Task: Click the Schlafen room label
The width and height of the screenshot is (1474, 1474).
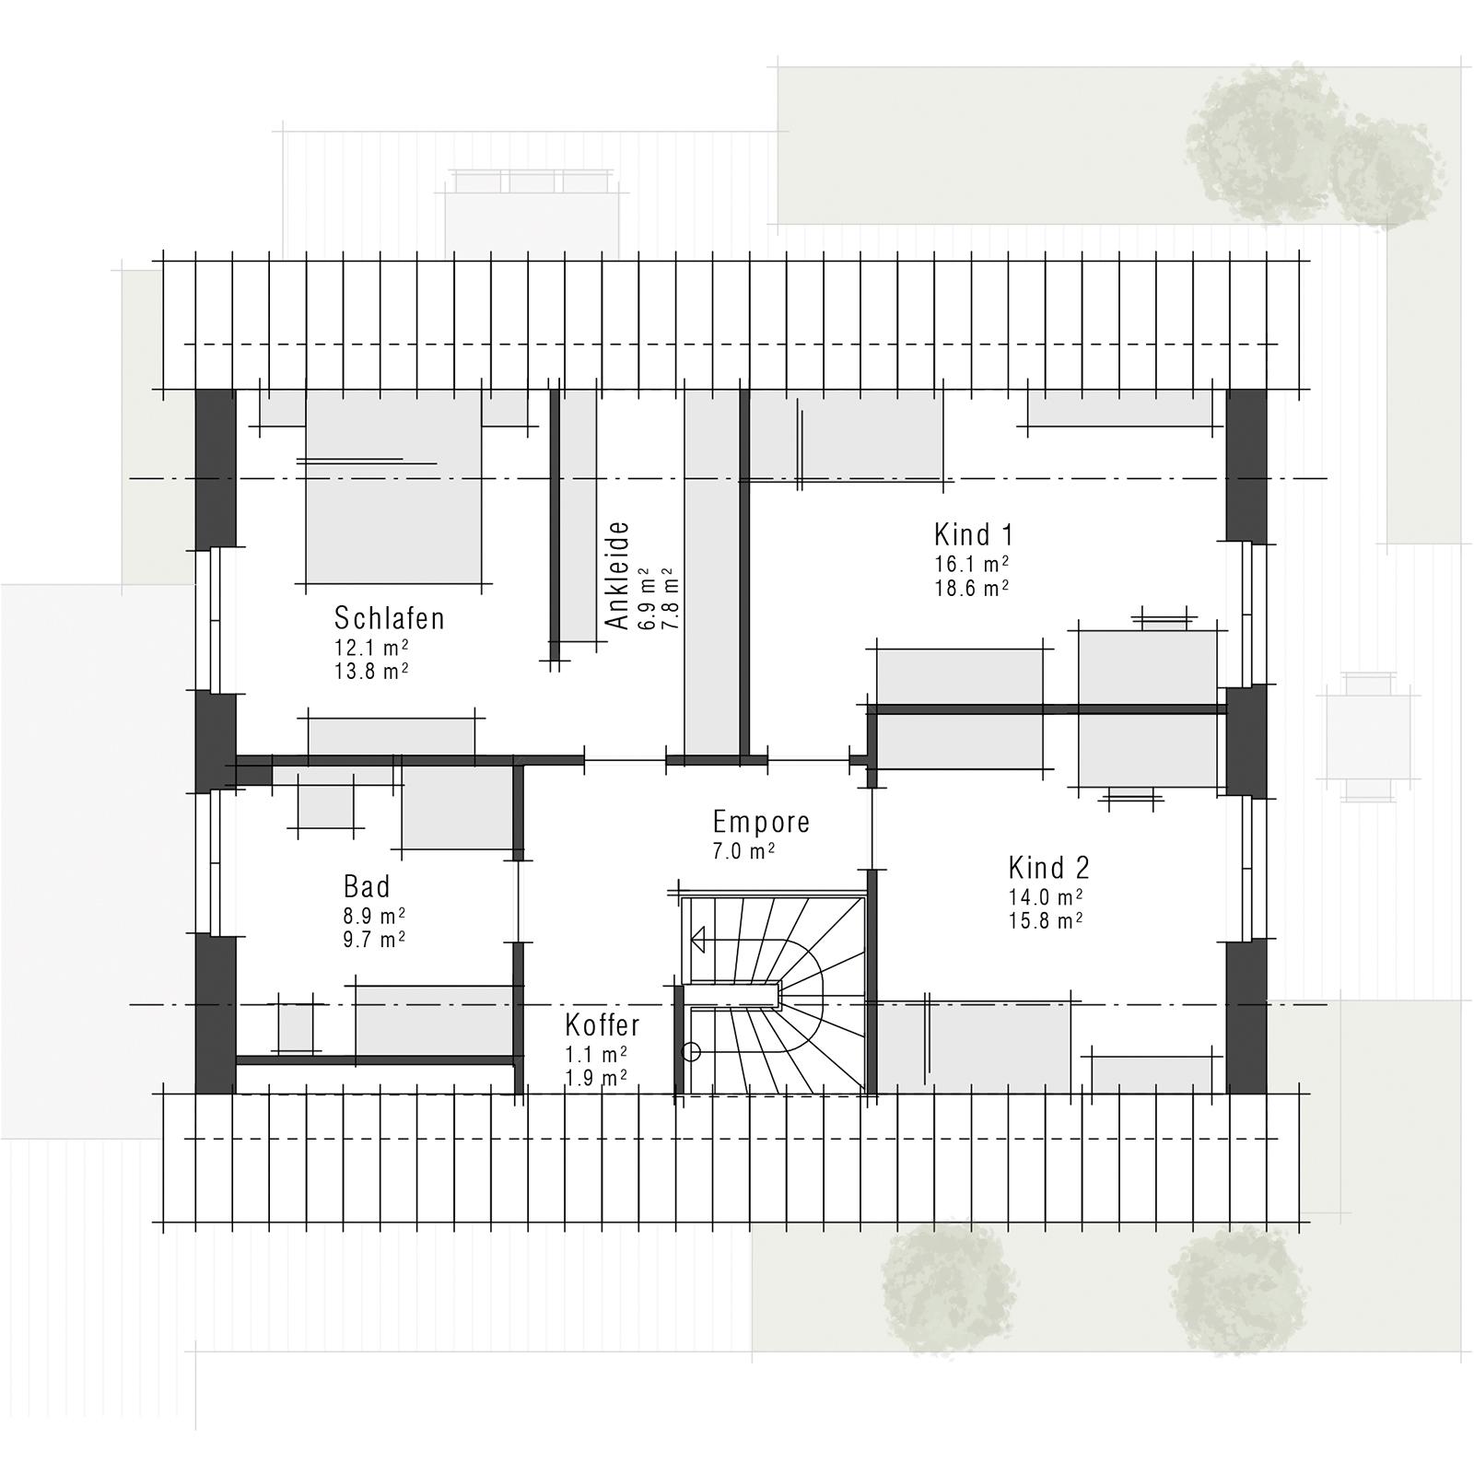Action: pyautogui.click(x=390, y=617)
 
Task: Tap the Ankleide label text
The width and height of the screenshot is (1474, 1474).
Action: pyautogui.click(x=617, y=576)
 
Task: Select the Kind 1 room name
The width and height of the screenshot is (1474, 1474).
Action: pyautogui.click(x=973, y=534)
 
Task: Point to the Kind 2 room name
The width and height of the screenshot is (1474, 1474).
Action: pyautogui.click(x=1048, y=868)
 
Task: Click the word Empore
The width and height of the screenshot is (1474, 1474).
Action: pyautogui.click(x=761, y=822)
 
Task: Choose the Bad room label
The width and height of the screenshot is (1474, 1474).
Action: pyautogui.click(x=367, y=887)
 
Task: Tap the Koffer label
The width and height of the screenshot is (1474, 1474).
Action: pyautogui.click(x=602, y=1024)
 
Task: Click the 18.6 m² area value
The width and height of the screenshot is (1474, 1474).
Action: pyautogui.click(x=972, y=588)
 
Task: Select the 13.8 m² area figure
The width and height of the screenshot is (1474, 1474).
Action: pyautogui.click(x=372, y=671)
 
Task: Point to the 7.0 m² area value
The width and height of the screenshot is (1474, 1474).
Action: pyautogui.click(x=743, y=851)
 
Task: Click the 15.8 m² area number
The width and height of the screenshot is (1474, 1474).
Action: pyautogui.click(x=1046, y=920)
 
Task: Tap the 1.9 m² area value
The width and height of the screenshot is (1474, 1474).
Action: pyautogui.click(x=596, y=1077)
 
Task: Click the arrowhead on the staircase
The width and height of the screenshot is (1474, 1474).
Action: pyautogui.click(x=697, y=940)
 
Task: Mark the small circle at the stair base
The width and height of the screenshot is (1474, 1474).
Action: pyautogui.click(x=691, y=1052)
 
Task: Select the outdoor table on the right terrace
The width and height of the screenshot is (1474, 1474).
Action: pyautogui.click(x=1368, y=737)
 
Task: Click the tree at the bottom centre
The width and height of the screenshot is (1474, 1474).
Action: pyautogui.click(x=941, y=1288)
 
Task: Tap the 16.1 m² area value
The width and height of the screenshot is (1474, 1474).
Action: pyautogui.click(x=972, y=564)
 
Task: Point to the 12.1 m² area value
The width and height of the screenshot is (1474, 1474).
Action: pyautogui.click(x=372, y=647)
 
